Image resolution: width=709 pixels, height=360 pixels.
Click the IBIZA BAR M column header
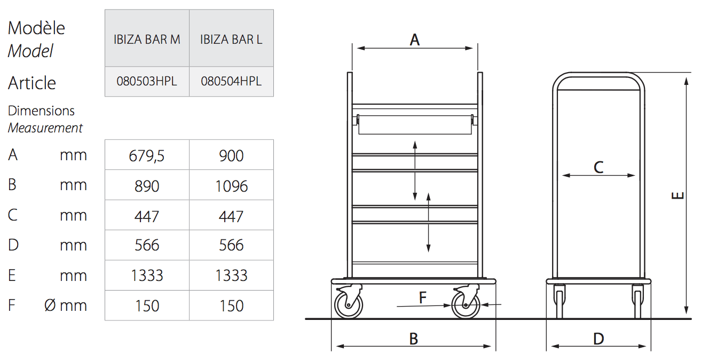[147, 40]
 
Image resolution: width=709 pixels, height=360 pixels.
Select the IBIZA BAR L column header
[231, 40]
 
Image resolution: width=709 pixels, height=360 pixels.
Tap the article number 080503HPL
[147, 81]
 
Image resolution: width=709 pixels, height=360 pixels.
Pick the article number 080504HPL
[231, 81]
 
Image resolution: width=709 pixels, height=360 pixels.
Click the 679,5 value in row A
[146, 156]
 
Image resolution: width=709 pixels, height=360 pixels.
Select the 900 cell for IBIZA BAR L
[231, 156]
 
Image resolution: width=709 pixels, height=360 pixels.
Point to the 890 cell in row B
[147, 186]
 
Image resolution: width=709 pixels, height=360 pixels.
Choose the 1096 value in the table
[231, 186]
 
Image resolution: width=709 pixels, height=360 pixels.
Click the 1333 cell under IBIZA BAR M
[147, 275]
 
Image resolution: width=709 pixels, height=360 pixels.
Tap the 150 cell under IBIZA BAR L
[231, 306]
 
